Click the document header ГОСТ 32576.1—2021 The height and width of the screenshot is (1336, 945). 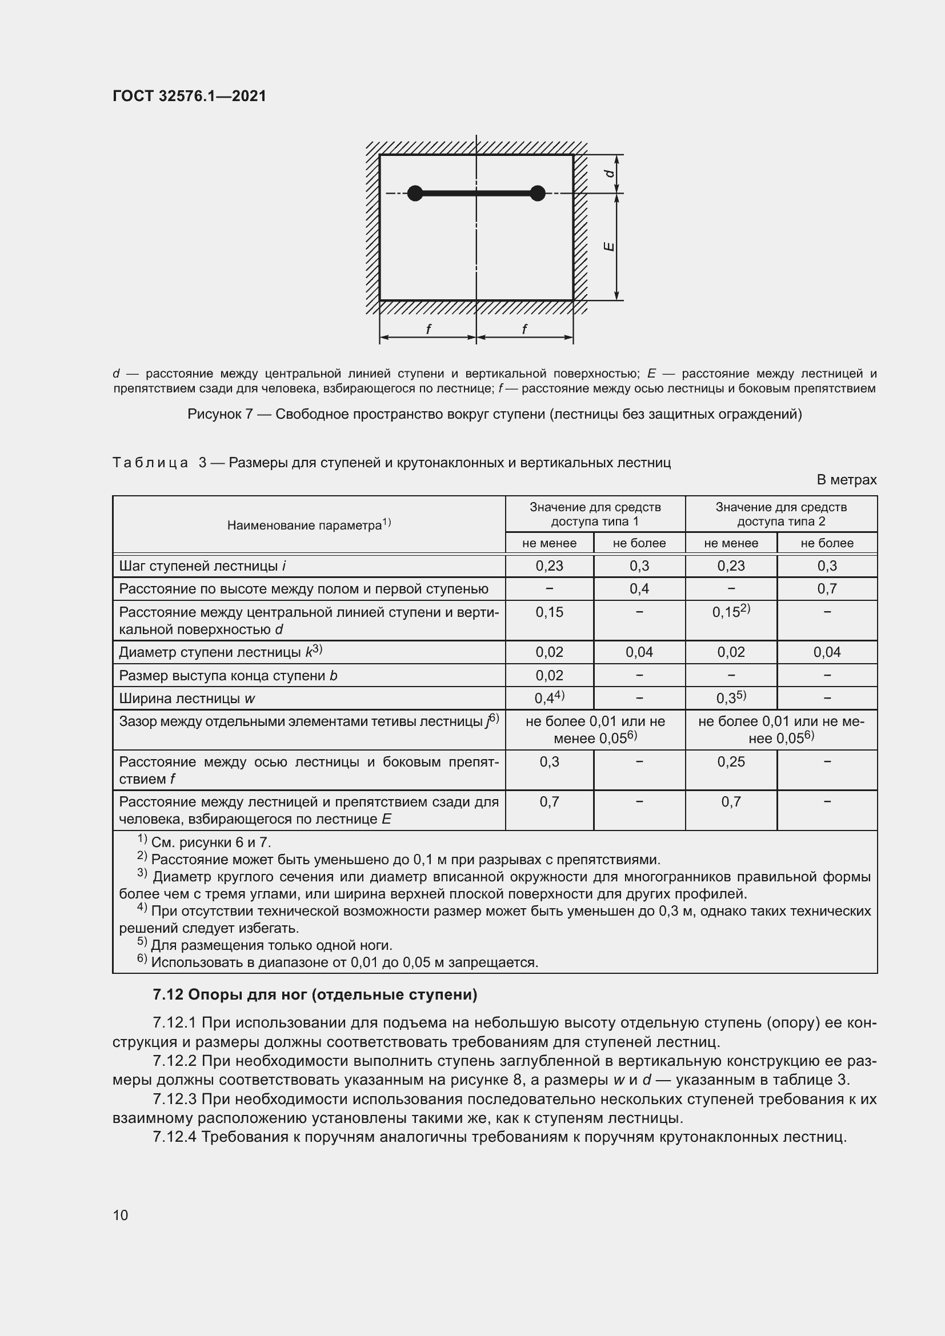coord(189,96)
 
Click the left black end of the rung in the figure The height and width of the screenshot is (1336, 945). coord(415,193)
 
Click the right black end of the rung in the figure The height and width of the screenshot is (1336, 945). coord(538,193)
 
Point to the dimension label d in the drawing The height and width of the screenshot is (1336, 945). coord(608,174)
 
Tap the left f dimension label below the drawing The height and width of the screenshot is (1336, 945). coord(429,330)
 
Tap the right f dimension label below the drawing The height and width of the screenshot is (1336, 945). coord(524,330)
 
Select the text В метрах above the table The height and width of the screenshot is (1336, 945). coord(846,480)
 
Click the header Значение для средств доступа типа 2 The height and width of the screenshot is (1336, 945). coord(781,514)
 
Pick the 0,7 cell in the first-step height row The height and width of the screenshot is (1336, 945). coord(826,589)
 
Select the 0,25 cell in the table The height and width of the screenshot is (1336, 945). coord(731,762)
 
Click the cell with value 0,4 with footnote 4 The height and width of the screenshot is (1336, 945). coord(548,698)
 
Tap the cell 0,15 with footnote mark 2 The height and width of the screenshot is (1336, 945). coord(731,612)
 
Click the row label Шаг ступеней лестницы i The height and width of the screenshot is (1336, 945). coord(202,566)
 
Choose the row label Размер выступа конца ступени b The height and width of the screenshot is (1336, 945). coord(228,676)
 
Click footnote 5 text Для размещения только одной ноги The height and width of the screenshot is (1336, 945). coord(271,945)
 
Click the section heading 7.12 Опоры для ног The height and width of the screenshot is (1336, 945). coord(314,995)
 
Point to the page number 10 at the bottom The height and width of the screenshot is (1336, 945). coord(121,1215)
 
